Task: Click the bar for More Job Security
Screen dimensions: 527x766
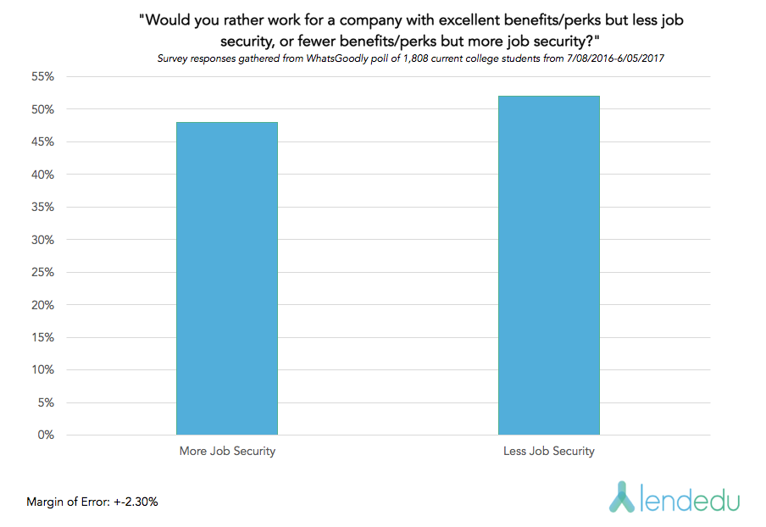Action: coord(227,279)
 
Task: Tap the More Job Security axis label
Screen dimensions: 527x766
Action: coord(227,452)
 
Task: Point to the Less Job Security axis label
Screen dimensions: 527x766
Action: coord(549,452)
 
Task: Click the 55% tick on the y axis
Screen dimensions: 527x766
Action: coord(43,77)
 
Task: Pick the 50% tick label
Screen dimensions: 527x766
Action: coord(43,110)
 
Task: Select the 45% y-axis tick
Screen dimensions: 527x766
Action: coord(43,142)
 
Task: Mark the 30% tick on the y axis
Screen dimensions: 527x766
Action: coord(43,240)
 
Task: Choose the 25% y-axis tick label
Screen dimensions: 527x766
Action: coord(43,273)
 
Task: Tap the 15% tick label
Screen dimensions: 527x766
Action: coord(43,337)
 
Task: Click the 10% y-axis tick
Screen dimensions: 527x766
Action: coord(43,370)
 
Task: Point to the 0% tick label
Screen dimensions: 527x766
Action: coord(46,435)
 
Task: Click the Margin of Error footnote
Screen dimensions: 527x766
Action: coord(92,502)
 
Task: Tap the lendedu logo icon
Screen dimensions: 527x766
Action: coord(624,497)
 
